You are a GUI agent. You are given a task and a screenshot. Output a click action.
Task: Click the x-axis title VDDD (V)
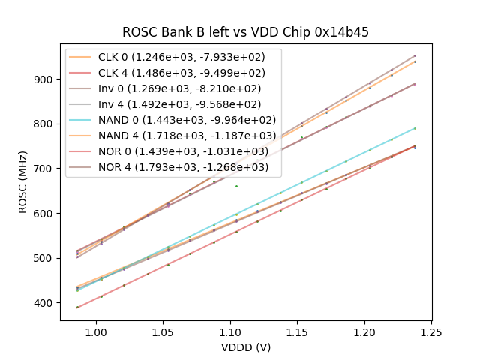tap(246, 347)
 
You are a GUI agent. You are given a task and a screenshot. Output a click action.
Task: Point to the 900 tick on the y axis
tap(46, 79)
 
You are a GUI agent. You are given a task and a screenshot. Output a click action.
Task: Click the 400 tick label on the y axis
tap(46, 303)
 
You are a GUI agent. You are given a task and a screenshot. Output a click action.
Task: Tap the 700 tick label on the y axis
tap(46, 169)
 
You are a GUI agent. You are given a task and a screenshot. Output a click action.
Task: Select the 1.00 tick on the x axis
tap(95, 332)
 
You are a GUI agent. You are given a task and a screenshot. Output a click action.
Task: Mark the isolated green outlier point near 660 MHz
tap(236, 186)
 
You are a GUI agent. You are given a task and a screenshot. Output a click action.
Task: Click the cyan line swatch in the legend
tap(82, 120)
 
